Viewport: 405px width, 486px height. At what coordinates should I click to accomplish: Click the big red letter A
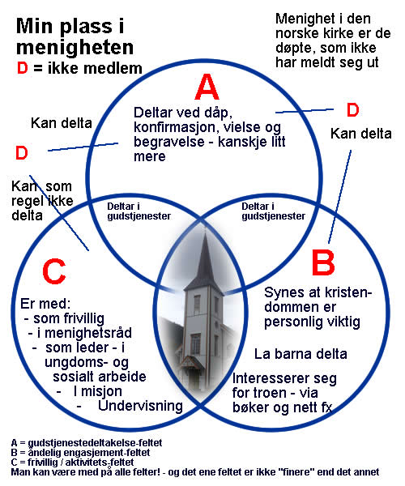(207, 87)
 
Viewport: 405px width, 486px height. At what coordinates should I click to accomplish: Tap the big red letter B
(323, 262)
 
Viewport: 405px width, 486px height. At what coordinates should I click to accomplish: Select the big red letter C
(54, 271)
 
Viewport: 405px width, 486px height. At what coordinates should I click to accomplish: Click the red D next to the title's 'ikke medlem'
(23, 68)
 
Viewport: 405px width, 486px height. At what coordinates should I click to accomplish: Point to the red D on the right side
(352, 110)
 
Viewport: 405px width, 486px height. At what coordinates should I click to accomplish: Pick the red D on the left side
(22, 153)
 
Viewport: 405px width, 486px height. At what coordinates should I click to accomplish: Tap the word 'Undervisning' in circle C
(140, 406)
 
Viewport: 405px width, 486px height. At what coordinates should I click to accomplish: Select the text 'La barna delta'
(301, 354)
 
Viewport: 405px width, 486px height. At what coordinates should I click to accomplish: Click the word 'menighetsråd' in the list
(88, 333)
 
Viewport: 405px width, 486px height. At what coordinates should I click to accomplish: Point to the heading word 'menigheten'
(75, 48)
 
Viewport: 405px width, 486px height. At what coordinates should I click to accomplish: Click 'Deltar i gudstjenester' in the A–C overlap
(139, 211)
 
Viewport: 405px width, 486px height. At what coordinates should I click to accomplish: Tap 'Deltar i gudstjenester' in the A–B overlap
(273, 211)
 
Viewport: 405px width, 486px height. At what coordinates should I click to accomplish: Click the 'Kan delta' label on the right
(361, 134)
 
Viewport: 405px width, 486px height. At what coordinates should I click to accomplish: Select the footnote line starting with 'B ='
(80, 453)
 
